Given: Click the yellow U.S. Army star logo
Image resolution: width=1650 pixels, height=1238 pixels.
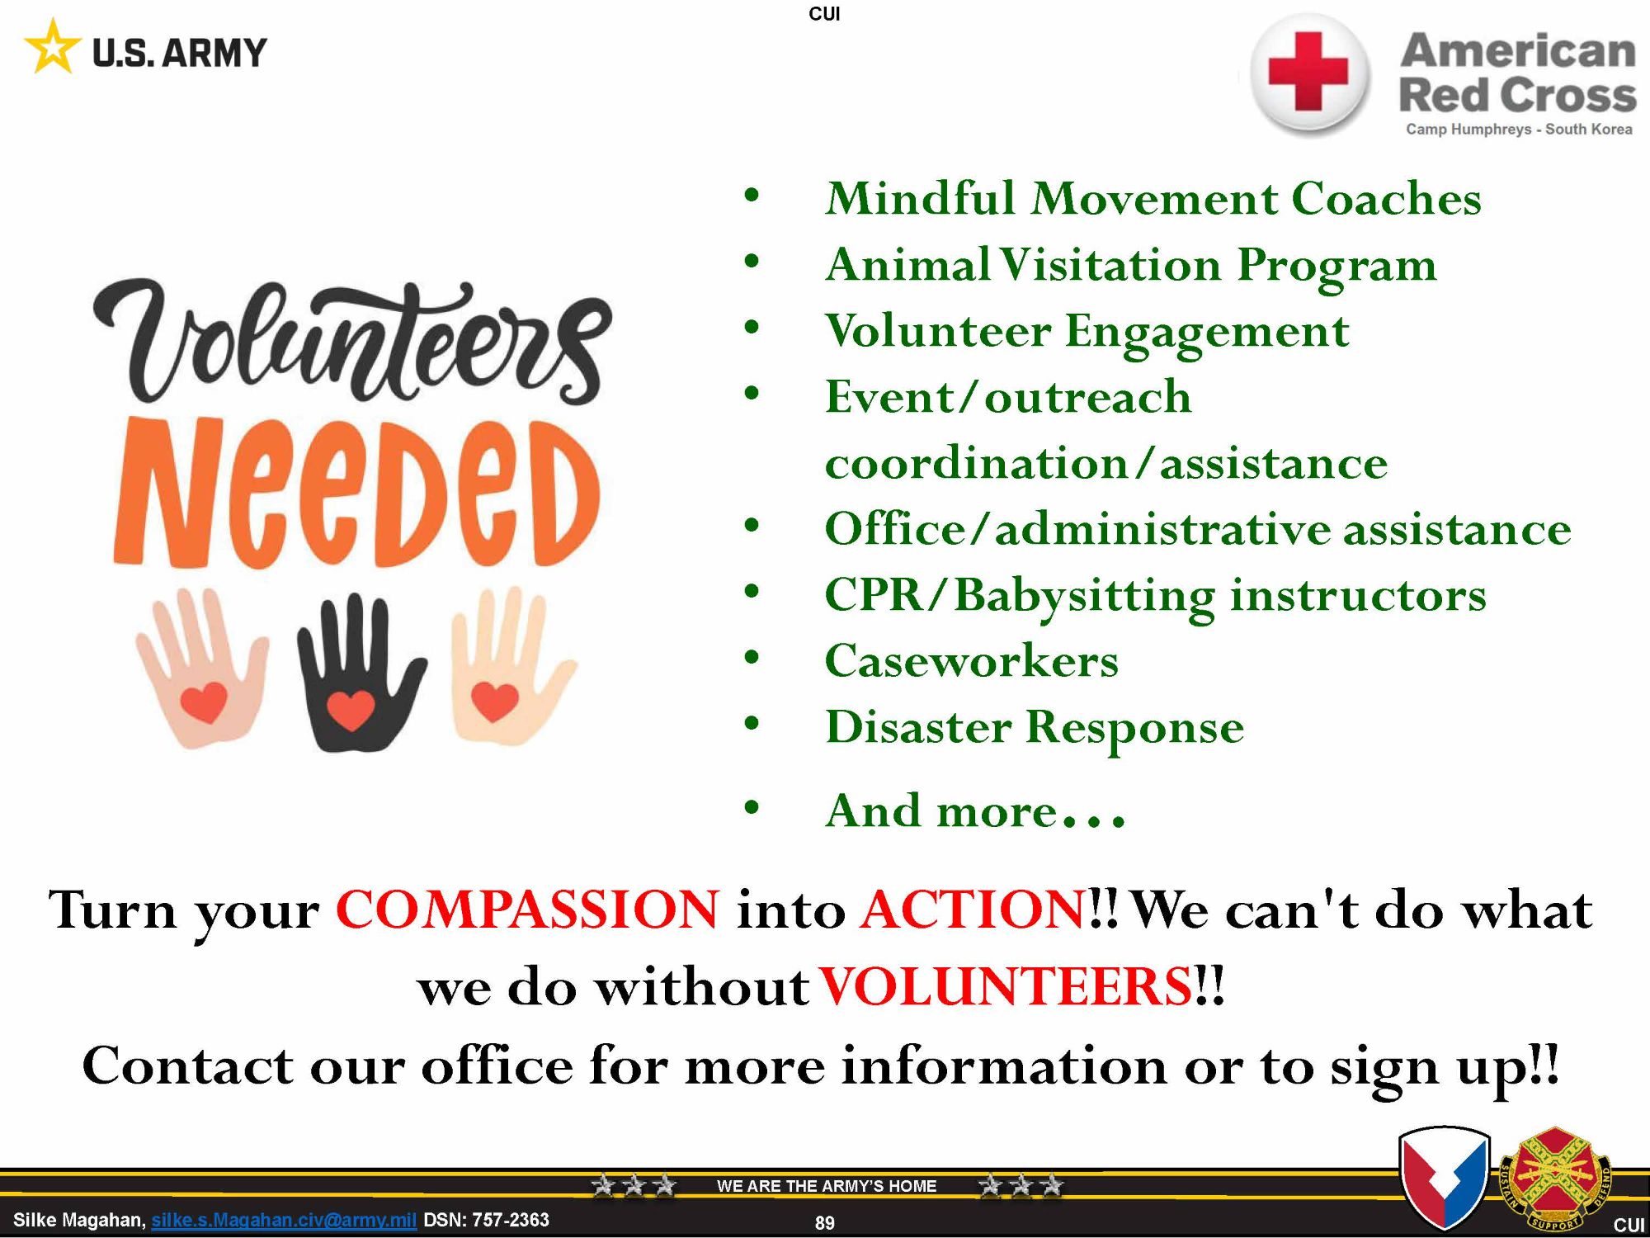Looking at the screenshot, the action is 53,48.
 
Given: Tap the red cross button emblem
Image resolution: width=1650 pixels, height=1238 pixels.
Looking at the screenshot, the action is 1308,73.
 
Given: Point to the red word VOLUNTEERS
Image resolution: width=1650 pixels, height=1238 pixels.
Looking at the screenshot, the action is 1006,986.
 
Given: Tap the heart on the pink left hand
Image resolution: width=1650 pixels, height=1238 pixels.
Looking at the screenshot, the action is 203,702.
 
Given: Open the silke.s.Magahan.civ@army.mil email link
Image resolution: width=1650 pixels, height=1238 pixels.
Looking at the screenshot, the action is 284,1220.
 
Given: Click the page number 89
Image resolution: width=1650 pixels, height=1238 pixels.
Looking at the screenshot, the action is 824,1223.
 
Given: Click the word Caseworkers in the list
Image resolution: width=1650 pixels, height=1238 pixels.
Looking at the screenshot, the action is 972,661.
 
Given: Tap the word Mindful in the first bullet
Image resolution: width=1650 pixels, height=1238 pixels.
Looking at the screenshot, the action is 921,199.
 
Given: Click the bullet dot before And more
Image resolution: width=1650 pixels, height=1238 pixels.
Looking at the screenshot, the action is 751,807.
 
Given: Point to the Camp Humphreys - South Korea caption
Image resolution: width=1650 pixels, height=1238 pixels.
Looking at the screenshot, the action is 1519,130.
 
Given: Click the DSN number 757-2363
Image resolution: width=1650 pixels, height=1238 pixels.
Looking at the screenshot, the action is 510,1220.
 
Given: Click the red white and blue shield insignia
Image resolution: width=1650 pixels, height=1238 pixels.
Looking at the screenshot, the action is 1445,1179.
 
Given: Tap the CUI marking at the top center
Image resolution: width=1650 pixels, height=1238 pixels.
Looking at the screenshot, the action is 824,14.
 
